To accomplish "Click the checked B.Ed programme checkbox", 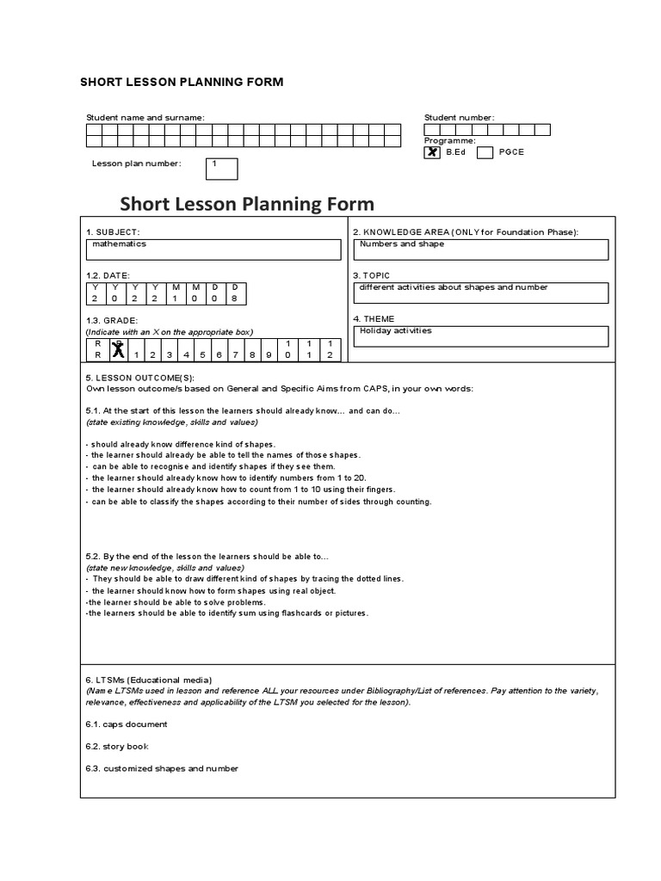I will pos(432,152).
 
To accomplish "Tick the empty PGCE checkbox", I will pos(485,152).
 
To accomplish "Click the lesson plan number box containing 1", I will pos(221,169).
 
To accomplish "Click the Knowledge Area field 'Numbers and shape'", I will pos(480,249).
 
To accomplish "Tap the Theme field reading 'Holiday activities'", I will pos(480,336).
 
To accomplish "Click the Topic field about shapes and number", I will pos(480,293).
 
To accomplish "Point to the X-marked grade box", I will pos(118,349).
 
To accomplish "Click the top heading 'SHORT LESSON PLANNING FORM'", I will pos(182,83).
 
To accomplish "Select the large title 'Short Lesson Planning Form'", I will pos(247,204).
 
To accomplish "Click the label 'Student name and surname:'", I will pos(145,118).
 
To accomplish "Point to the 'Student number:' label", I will pos(459,118).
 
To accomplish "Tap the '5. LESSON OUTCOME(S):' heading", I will pos(140,378).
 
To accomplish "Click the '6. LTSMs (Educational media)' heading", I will pos(149,680).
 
